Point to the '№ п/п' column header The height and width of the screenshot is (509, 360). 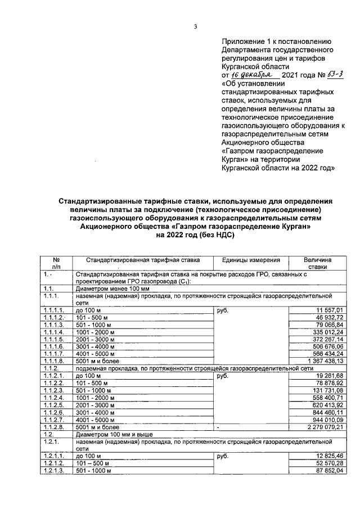pyautogui.click(x=56, y=264)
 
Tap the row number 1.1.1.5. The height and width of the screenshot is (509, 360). pyautogui.click(x=55, y=339)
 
